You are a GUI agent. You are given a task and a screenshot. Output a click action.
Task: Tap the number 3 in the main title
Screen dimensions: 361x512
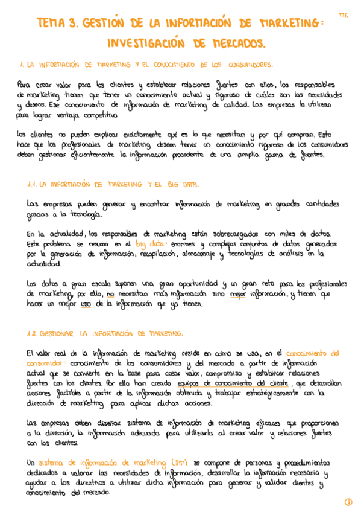coord(74,23)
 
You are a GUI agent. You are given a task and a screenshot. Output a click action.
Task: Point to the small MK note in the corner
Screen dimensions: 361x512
coord(344,13)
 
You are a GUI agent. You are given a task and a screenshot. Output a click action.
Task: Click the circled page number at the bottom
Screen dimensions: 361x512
coord(348,502)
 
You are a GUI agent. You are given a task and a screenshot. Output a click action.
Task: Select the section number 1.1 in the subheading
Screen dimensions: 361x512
coord(33,184)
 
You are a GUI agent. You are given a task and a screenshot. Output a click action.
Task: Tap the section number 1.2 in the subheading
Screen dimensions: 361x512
coord(34,333)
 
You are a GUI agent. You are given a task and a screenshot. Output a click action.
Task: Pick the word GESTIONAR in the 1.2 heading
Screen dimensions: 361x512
coord(59,333)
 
